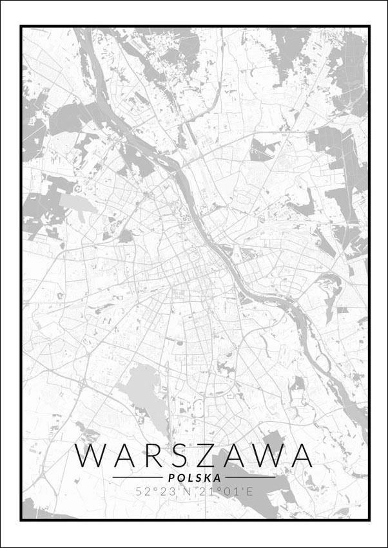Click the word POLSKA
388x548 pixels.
(194, 478)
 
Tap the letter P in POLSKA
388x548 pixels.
(170, 478)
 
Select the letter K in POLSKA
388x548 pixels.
(208, 478)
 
